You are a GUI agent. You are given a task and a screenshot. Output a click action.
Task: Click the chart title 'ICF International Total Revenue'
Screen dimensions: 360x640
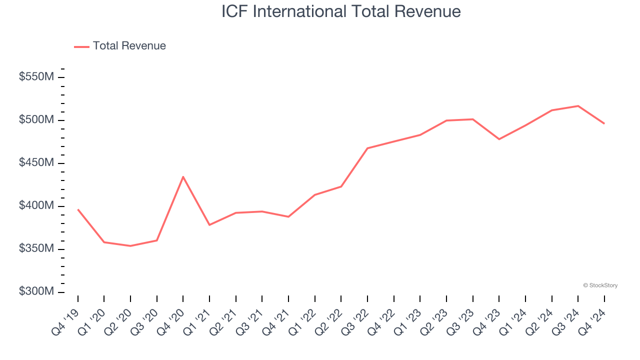click(x=341, y=11)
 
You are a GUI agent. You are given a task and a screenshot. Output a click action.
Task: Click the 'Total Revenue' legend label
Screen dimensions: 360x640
click(x=129, y=46)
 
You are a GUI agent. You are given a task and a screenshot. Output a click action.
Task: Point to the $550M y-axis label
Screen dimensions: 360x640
click(x=36, y=77)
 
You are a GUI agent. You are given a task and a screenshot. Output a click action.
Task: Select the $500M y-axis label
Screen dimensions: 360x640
click(x=36, y=120)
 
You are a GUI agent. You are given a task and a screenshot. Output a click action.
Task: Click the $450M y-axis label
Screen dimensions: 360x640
click(x=36, y=163)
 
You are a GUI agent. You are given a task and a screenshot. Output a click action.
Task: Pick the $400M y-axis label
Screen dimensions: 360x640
click(x=36, y=206)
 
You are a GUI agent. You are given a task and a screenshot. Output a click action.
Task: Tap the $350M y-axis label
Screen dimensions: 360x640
click(x=36, y=249)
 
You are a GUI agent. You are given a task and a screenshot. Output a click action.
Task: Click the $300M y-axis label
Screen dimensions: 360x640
click(x=36, y=292)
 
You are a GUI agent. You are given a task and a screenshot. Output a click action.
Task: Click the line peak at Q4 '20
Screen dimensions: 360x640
click(x=183, y=176)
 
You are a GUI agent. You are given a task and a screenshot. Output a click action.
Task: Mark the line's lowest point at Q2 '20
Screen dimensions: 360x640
click(x=130, y=246)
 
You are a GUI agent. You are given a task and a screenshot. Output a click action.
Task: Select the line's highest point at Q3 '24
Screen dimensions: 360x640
click(x=578, y=106)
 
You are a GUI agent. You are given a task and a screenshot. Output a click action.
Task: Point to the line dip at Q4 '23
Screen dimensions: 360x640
click(x=499, y=139)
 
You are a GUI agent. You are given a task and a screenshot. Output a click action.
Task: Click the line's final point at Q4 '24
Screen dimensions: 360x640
click(x=604, y=123)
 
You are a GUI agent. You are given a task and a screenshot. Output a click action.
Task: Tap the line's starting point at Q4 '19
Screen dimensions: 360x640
click(x=78, y=209)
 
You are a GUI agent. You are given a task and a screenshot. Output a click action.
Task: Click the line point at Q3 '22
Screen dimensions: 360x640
click(x=367, y=148)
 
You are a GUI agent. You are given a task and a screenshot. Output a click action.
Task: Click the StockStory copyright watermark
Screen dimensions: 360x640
click(x=600, y=285)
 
